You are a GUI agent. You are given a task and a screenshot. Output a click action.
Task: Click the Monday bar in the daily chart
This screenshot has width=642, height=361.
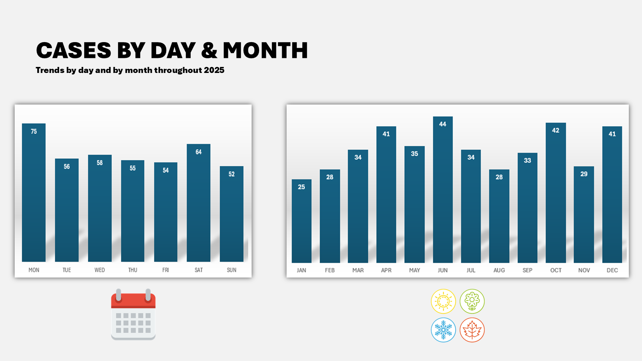coord(34,196)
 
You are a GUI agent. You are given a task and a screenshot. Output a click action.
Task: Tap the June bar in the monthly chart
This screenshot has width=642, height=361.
coord(443,192)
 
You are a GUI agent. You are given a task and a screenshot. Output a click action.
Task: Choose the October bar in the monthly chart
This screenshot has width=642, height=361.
coord(555,196)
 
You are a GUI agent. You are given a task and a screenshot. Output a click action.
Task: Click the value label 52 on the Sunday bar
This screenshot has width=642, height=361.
coord(232,174)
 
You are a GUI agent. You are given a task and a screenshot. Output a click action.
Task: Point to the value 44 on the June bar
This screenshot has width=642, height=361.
coord(443,124)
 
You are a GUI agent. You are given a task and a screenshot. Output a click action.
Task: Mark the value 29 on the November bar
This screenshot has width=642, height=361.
coord(584,174)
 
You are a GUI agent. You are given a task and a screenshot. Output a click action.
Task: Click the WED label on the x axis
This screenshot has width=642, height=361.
coord(100,270)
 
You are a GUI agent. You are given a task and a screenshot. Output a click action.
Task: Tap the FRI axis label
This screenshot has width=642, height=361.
coord(165,270)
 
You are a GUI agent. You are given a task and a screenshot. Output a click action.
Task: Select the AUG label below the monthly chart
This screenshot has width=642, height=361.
coord(499,270)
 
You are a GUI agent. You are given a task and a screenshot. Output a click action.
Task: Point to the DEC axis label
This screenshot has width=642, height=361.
coord(612,270)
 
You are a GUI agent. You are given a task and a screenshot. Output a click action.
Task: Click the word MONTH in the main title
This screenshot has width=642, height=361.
coord(265,50)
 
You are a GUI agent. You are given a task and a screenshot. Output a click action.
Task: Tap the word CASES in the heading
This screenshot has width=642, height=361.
coord(74,50)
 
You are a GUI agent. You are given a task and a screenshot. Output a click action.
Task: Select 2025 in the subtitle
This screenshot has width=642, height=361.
coord(214,70)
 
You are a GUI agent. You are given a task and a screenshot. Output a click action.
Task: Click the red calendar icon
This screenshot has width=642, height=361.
coord(133,315)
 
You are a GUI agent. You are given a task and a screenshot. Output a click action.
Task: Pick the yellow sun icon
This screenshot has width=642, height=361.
coord(443,301)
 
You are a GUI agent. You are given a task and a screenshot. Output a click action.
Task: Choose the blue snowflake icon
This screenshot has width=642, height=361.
coord(443,330)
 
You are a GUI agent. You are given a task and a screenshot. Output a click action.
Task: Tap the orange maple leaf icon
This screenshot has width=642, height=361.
coord(472,330)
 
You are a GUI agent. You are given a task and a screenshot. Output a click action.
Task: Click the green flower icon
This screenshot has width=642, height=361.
coord(472,301)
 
